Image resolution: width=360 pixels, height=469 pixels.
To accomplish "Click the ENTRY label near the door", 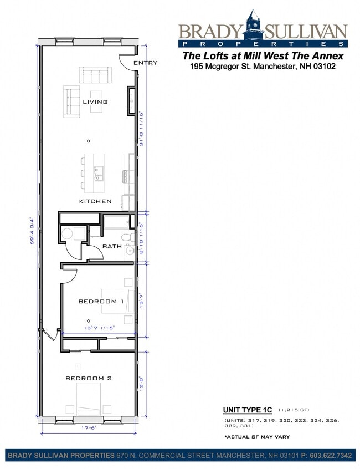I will [x=145, y=63].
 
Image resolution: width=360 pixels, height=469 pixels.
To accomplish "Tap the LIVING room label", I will [x=95, y=102].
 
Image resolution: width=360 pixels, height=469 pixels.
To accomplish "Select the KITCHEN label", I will [x=95, y=201].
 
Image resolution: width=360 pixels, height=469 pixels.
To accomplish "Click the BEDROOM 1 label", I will [x=101, y=302].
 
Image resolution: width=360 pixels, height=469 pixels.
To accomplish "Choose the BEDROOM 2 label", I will [x=89, y=378].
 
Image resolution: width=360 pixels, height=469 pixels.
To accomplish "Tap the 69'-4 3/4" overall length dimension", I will [x=33, y=230].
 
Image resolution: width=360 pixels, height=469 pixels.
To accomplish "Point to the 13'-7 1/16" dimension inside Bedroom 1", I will [x=99, y=328].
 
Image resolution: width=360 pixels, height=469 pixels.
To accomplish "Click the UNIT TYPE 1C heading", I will [x=248, y=410].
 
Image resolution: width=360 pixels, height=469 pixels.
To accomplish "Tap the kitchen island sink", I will [x=98, y=174].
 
